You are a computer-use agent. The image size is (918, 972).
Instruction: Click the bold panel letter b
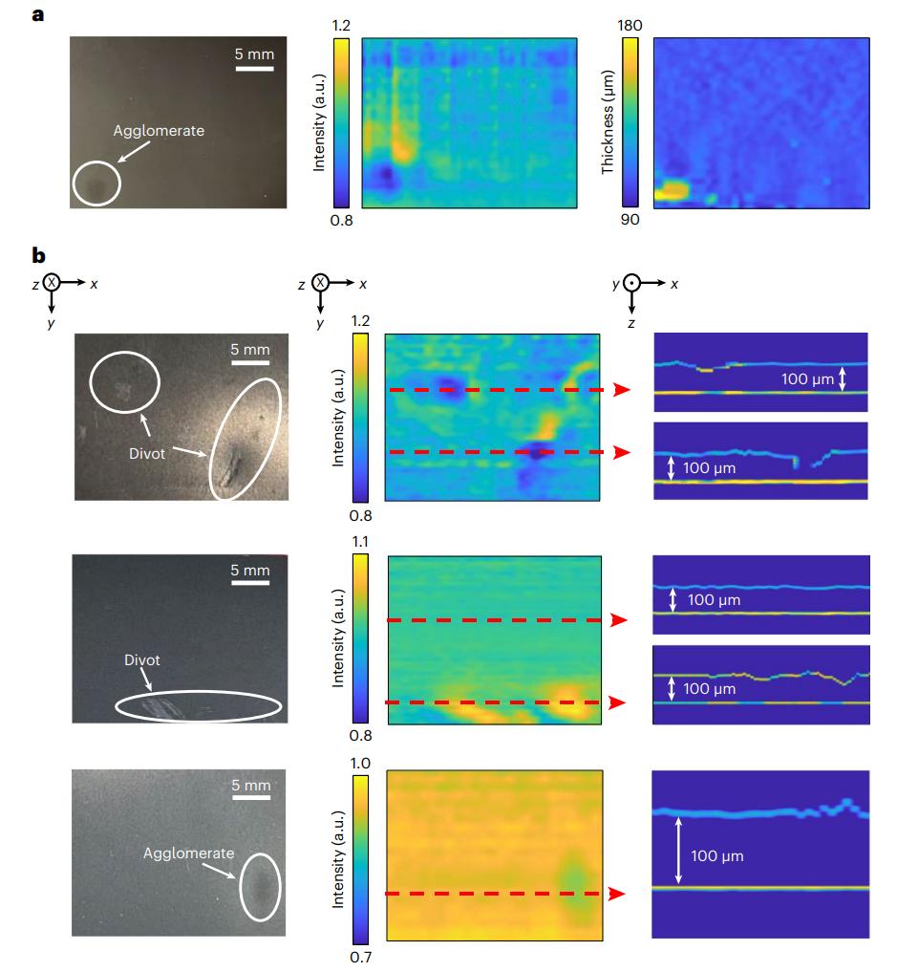[x=39, y=255]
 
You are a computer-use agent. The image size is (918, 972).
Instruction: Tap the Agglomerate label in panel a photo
[x=159, y=130]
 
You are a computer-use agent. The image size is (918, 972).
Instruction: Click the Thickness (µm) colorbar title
[x=608, y=122]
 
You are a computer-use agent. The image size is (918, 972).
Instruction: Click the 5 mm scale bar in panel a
[x=254, y=69]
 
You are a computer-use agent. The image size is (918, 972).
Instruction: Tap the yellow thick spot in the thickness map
[x=672, y=191]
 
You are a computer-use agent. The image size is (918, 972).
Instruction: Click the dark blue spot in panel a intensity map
[x=385, y=177]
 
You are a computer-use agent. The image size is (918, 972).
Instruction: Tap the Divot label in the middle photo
[x=143, y=660]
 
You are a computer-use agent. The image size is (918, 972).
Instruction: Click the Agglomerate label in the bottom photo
[x=187, y=853]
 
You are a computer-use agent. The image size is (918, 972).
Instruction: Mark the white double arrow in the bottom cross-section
[x=677, y=849]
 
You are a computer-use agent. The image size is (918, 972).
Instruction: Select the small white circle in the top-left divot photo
[x=126, y=381]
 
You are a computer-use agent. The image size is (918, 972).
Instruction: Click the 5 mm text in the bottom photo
[x=251, y=786]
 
